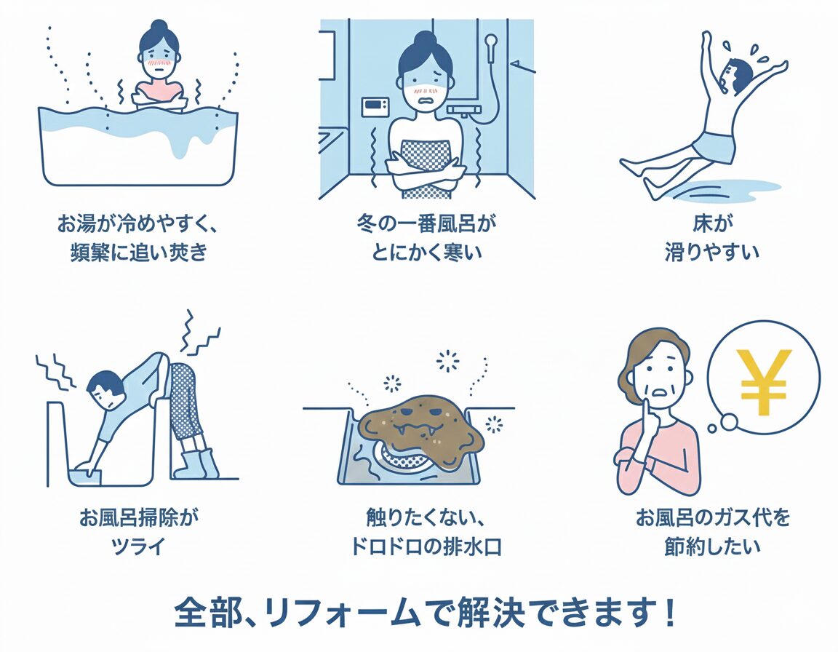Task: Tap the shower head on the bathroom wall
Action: [490, 41]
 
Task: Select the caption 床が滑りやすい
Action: [711, 237]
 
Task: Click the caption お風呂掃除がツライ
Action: [138, 532]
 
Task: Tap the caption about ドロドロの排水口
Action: [426, 532]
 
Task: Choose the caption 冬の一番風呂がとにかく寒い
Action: [426, 237]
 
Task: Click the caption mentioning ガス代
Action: [712, 532]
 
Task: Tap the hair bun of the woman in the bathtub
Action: [159, 26]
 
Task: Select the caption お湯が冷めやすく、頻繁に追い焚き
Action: [138, 237]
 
